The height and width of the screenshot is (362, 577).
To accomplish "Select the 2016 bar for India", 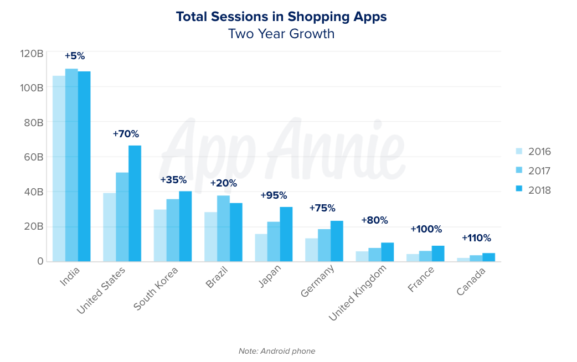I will (59, 168).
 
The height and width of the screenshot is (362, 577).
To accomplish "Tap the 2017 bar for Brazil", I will (223, 228).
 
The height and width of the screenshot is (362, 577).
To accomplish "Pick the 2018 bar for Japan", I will (286, 234).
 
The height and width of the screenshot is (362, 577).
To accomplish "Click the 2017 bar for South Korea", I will (172, 230).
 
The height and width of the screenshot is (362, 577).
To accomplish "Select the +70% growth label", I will (126, 134).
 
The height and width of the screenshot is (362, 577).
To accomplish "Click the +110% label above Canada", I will (476, 239).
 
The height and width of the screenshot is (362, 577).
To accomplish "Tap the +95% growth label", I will (274, 195).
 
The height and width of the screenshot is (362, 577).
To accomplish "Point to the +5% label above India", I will (75, 56).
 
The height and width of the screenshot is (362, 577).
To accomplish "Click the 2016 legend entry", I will (533, 152).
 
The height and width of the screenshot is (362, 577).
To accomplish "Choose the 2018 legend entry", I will (533, 190).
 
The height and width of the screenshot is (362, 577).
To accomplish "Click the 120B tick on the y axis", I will (32, 54).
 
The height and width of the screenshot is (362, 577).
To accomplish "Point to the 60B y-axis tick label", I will (33, 157).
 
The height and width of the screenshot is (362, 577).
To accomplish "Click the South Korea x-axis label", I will (156, 288).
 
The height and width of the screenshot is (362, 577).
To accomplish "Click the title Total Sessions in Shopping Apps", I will (281, 17).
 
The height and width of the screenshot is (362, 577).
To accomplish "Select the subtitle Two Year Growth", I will (281, 34).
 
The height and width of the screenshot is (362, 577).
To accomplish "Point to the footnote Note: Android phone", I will (277, 351).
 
